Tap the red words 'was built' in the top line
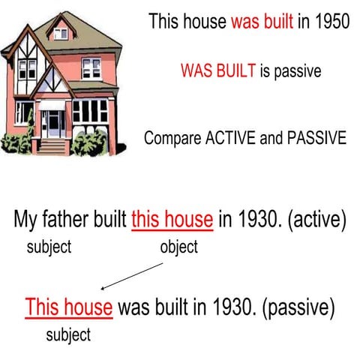pos(262,21)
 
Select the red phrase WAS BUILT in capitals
pos(217,71)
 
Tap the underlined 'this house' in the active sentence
pos(172,220)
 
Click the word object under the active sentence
pos(178,247)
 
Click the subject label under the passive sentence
pos(68,334)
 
